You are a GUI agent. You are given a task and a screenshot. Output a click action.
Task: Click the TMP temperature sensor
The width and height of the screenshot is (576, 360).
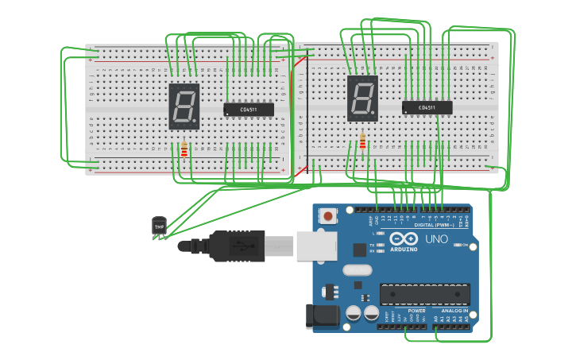(x=160, y=226)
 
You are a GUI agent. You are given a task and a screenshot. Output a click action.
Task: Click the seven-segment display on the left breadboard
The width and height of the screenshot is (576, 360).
(x=184, y=106)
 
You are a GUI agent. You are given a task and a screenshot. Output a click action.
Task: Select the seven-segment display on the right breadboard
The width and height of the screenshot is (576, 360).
(x=362, y=99)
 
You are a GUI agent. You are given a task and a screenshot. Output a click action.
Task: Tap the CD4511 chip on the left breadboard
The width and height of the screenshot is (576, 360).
(x=249, y=110)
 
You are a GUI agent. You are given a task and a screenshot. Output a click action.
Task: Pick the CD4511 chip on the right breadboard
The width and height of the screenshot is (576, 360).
(x=427, y=107)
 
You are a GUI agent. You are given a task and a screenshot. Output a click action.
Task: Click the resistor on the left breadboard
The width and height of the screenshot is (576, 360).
(x=184, y=149)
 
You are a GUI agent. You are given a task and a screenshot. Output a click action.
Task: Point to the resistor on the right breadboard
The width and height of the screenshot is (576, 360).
(x=363, y=141)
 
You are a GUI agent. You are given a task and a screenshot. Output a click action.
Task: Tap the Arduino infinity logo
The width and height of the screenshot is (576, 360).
(x=403, y=238)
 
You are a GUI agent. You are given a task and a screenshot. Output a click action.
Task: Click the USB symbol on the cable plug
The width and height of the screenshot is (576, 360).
(x=241, y=246)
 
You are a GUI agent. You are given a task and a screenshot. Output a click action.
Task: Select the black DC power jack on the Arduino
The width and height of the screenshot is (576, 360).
(x=323, y=315)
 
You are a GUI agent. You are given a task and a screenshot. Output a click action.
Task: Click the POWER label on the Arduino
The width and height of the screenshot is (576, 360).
(x=416, y=311)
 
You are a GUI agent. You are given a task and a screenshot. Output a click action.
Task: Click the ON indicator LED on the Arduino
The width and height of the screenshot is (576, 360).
(x=457, y=246)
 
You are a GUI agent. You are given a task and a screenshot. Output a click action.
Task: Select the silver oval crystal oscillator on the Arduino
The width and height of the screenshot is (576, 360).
(x=357, y=270)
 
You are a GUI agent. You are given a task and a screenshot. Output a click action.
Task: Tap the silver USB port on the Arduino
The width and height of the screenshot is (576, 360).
(x=316, y=246)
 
